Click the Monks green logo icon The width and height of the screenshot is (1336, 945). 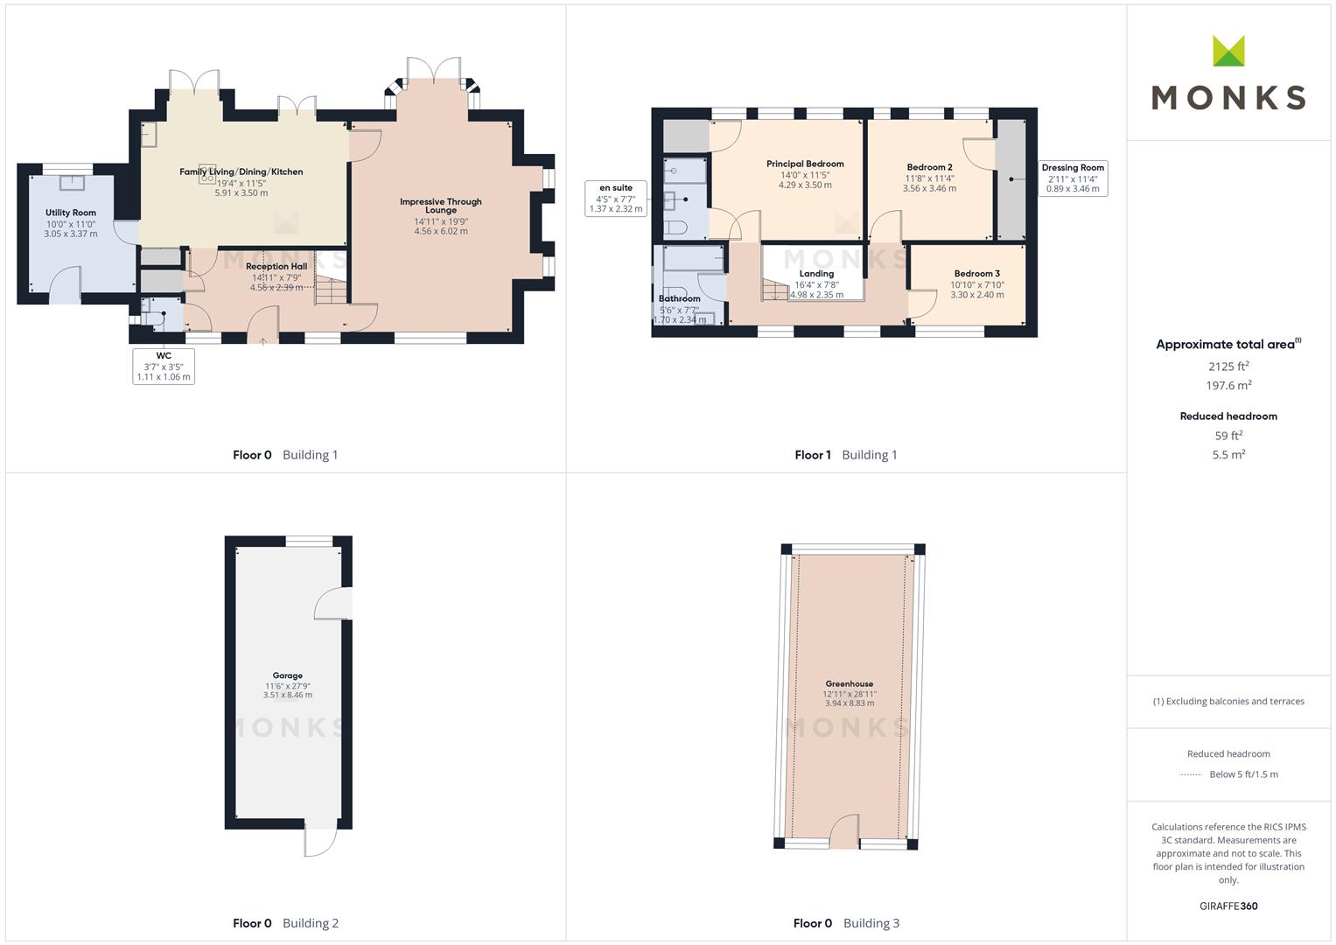click(x=1228, y=51)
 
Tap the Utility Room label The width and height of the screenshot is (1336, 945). click(x=70, y=213)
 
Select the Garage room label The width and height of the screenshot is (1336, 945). click(x=288, y=675)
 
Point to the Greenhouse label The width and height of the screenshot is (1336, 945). click(x=850, y=683)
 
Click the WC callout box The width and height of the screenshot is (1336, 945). click(x=164, y=366)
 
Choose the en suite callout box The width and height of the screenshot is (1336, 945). click(x=616, y=198)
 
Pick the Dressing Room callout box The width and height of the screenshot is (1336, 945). click(x=1073, y=178)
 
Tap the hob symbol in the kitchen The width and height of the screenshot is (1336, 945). click(x=207, y=173)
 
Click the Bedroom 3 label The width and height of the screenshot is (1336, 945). click(x=977, y=273)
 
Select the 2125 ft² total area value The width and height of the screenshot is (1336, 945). click(x=1228, y=366)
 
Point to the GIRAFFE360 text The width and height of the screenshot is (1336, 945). click(x=1228, y=906)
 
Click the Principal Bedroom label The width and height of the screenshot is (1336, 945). click(x=805, y=164)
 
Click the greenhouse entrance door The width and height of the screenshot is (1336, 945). click(x=844, y=831)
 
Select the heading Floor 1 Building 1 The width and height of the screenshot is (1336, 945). click(x=846, y=455)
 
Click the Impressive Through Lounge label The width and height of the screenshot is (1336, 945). click(x=441, y=206)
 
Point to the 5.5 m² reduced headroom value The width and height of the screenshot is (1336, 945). click(x=1228, y=455)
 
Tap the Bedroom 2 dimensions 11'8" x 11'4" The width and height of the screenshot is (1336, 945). click(x=929, y=178)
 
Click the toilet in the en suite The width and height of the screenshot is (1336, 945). click(x=676, y=227)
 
